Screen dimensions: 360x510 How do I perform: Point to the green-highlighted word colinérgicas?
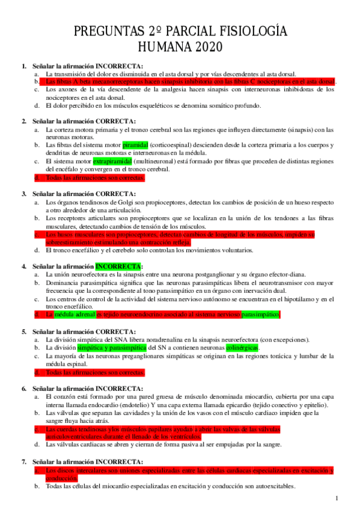pyautogui.click(x=242, y=348)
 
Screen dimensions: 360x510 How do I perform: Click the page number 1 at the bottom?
pyautogui.click(x=337, y=498)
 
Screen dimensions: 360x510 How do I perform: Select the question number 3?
pyautogui.click(x=24, y=194)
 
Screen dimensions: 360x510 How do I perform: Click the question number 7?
pyautogui.click(x=24, y=461)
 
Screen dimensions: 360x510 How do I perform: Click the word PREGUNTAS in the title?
pyautogui.click(x=109, y=31)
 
